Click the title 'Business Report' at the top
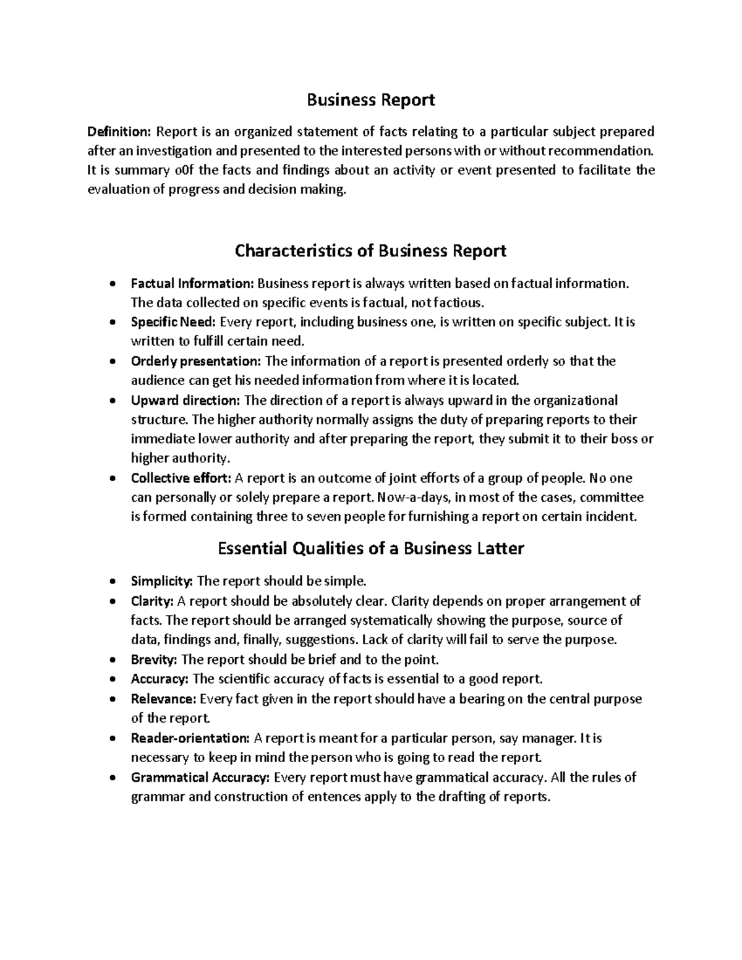pyautogui.click(x=371, y=100)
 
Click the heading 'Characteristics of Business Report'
pyautogui.click(x=371, y=250)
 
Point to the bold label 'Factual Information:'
pyautogui.click(x=192, y=284)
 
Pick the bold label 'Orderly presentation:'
pyautogui.click(x=196, y=361)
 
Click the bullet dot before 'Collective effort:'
pyautogui.click(x=111, y=478)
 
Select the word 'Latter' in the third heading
pyautogui.click(x=498, y=548)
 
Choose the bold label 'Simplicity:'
pyautogui.click(x=162, y=581)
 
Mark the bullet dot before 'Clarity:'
pyautogui.click(x=111, y=601)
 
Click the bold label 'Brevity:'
pyautogui.click(x=154, y=660)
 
